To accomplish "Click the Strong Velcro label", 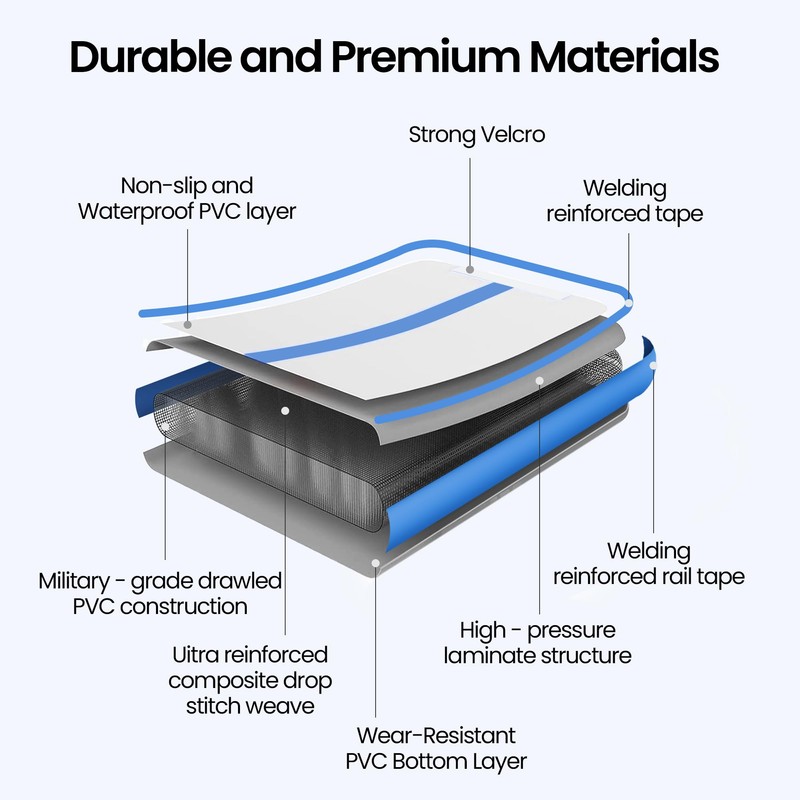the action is (477, 134).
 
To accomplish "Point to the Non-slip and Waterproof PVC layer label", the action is (187, 199).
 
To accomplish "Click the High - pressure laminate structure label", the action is (538, 643).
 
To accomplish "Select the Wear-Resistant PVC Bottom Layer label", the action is (435, 748).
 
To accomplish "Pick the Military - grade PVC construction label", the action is (160, 593).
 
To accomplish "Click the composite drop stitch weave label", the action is (250, 680).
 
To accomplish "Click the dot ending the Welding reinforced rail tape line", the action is (654, 366).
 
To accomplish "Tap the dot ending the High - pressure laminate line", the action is (539, 380).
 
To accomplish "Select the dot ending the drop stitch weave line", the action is (284, 410).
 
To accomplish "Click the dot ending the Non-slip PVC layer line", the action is (190, 323).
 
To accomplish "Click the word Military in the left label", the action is (90, 581).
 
